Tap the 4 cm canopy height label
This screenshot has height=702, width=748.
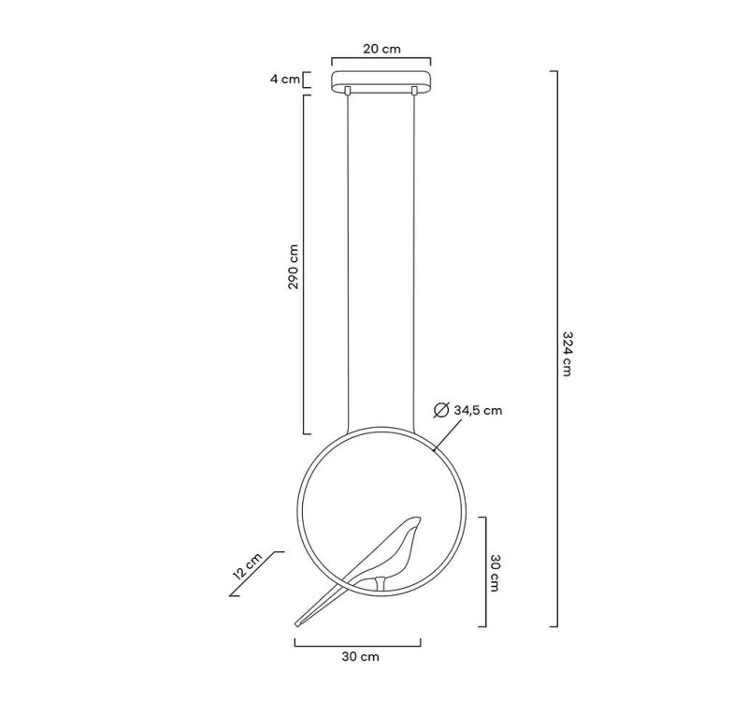[284, 79]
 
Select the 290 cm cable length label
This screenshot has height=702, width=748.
[293, 267]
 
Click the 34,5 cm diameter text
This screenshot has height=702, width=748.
[478, 410]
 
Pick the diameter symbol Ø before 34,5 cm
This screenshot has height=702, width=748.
[442, 410]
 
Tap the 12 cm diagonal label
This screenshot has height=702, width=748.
[247, 566]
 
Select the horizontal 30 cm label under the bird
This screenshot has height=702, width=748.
[359, 656]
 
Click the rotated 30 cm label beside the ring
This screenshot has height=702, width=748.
[496, 571]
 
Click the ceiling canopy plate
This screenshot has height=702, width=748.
[381, 79]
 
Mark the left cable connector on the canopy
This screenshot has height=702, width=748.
[348, 91]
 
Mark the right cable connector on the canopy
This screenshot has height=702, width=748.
[414, 91]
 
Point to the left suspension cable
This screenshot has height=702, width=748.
[348, 262]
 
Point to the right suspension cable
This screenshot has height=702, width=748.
[414, 262]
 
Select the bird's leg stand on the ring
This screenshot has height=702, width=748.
[378, 585]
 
